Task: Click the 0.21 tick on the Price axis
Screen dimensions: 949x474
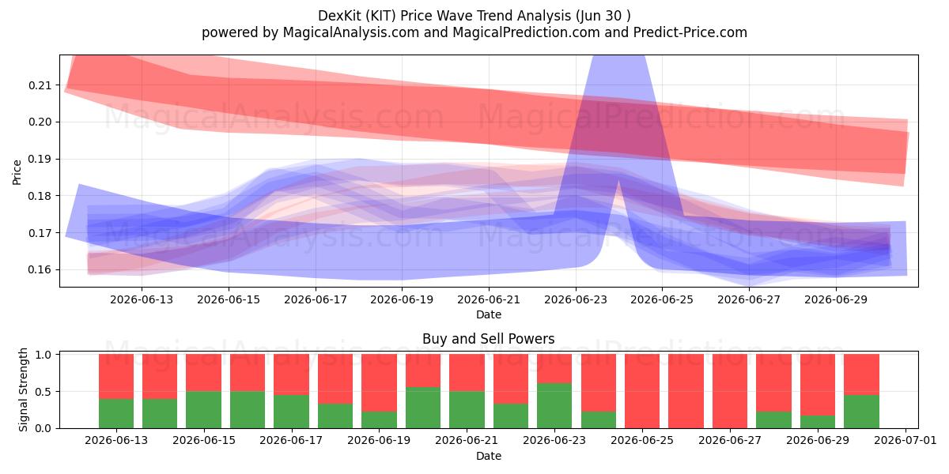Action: click(x=40, y=85)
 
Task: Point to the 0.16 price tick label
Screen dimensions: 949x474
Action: click(x=40, y=270)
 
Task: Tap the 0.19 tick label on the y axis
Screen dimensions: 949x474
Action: click(x=40, y=160)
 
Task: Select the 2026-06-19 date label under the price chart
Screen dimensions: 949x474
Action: click(x=402, y=299)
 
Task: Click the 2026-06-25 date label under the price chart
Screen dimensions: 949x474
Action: click(x=662, y=299)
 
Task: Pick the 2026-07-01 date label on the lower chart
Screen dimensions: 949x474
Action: click(x=906, y=440)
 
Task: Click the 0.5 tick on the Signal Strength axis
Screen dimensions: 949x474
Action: click(x=43, y=392)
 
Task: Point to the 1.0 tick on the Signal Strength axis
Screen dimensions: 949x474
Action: click(x=43, y=355)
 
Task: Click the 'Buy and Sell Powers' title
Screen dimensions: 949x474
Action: click(x=489, y=339)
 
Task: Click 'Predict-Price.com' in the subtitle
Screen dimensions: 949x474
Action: click(x=690, y=32)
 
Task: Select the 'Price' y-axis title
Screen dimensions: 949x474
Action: click(x=17, y=172)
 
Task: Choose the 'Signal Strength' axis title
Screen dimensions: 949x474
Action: click(x=23, y=389)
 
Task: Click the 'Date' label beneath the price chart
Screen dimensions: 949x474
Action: click(x=489, y=314)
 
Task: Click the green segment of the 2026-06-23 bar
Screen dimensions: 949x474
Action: click(x=554, y=406)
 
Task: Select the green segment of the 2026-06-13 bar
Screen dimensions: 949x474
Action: click(x=116, y=413)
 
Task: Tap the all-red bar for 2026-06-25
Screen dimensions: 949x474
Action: click(x=642, y=391)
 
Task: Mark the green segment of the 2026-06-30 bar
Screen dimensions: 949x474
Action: click(x=861, y=412)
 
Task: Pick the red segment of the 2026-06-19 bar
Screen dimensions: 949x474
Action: click(x=379, y=383)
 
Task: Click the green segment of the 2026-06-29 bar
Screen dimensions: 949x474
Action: click(x=817, y=422)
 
